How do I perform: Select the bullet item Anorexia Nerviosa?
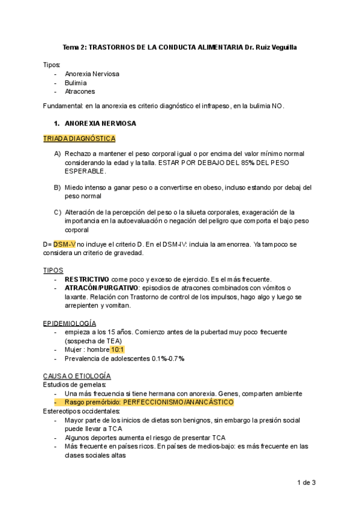92,74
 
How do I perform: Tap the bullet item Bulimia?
76,83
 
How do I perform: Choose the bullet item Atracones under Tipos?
80,92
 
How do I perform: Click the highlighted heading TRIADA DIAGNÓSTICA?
79,139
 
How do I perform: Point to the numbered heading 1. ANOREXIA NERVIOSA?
95,124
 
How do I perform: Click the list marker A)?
58,154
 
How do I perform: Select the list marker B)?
58,187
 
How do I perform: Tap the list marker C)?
58,212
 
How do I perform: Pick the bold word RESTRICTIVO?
87,280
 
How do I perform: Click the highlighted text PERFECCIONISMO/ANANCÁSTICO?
178,402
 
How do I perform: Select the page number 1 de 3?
306,482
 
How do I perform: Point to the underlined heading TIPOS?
52,271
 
